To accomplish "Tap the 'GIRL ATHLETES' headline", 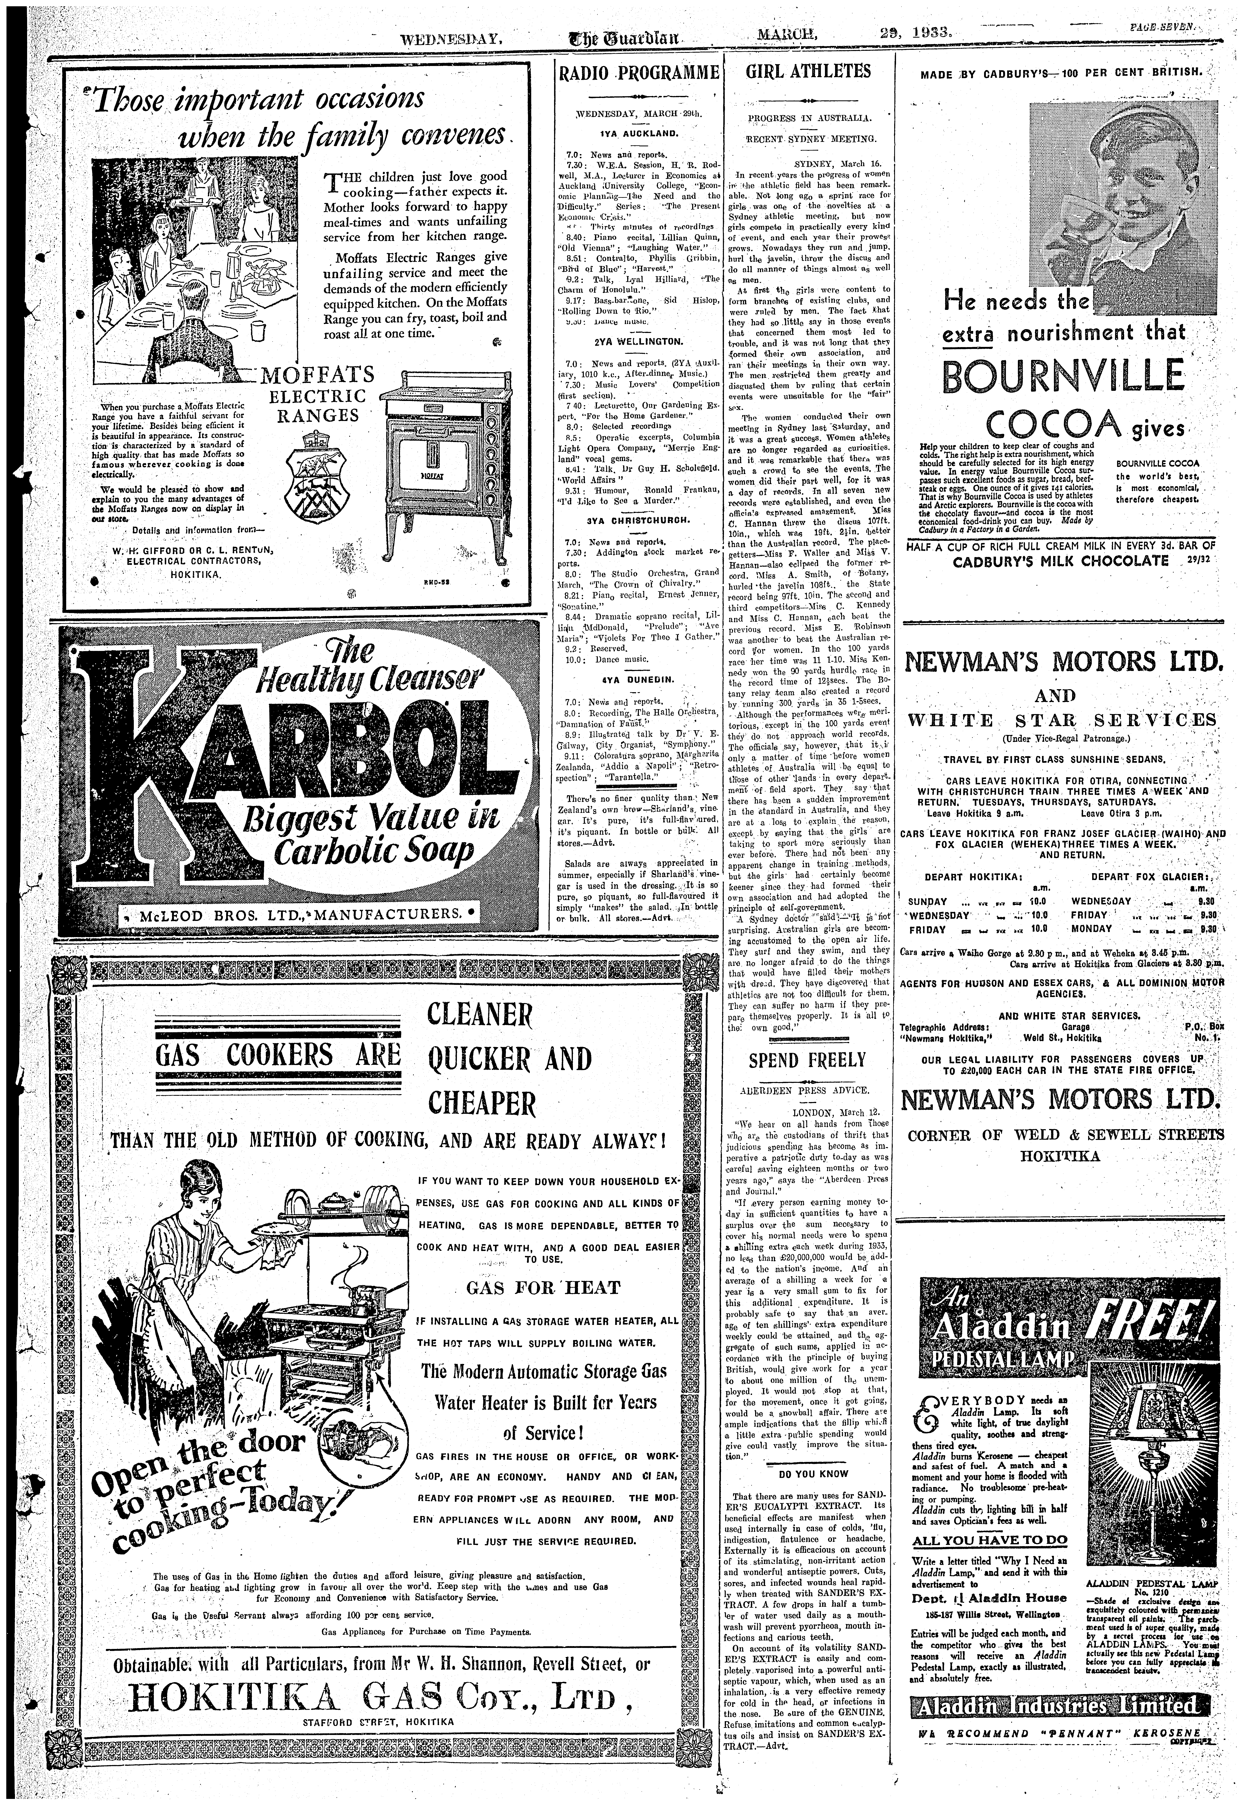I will [x=808, y=72].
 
